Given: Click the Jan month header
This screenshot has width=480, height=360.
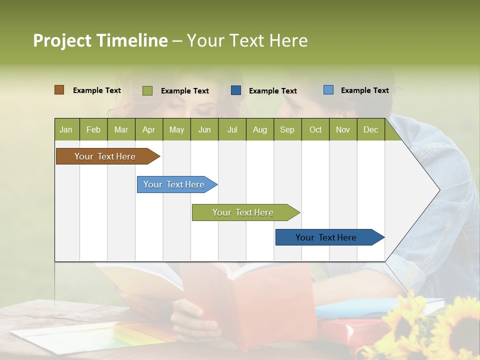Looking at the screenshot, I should tap(66, 129).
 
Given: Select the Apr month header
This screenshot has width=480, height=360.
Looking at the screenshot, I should tap(148, 129).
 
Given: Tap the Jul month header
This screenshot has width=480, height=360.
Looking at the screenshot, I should tap(232, 129).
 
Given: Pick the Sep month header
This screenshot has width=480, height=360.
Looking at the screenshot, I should tap(287, 129).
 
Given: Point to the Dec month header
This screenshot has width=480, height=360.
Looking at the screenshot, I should tap(370, 129).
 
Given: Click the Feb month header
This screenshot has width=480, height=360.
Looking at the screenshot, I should tap(93, 129).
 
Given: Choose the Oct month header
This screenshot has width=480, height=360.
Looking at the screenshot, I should tap(315, 129).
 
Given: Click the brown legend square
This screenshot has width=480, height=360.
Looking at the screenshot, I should tap(59, 90).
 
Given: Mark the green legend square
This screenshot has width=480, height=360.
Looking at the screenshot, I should tap(147, 90).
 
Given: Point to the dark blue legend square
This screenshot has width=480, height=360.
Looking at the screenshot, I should tap(236, 90).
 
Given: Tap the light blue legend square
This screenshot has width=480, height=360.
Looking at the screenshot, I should tap(328, 90).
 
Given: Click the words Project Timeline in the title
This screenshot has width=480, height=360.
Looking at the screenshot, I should tap(100, 40).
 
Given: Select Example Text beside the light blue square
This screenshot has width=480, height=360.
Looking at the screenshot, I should tap(364, 90).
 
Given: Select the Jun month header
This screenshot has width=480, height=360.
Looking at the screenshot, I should tap(204, 129).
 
